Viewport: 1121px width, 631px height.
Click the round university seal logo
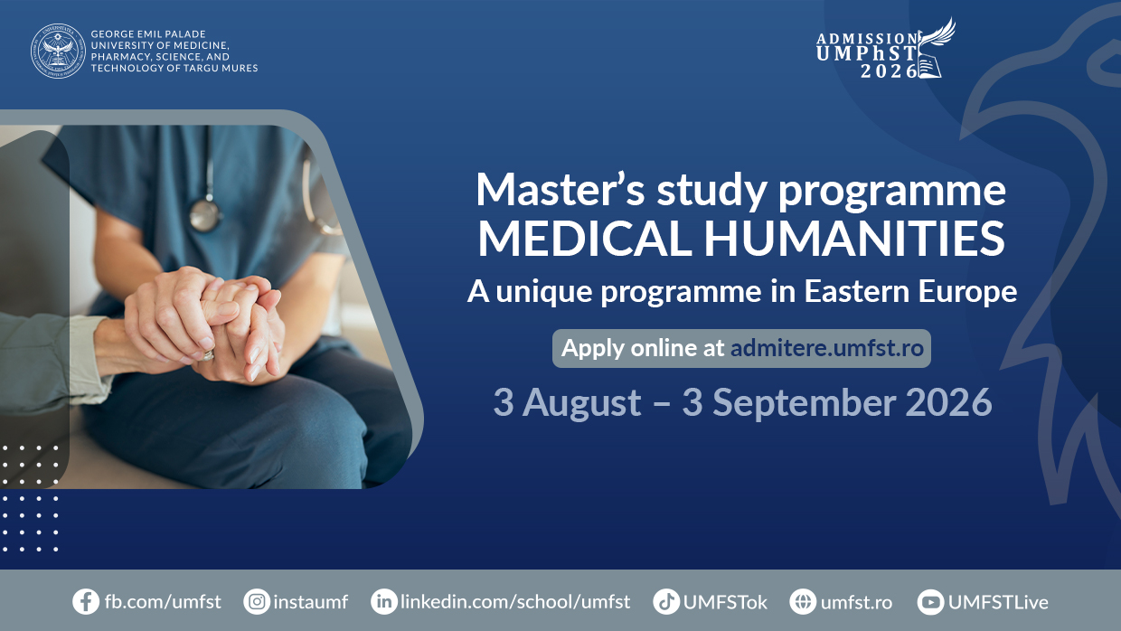tap(58, 51)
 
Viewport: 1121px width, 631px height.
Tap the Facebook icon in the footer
tap(86, 601)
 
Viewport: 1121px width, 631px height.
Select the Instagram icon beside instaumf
tap(257, 601)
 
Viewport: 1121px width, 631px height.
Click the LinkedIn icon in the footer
tap(384, 601)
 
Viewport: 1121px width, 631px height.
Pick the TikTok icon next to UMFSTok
tap(666, 601)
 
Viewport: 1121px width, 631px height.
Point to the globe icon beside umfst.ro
tap(803, 601)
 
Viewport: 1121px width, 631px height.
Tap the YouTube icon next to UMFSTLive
tap(930, 601)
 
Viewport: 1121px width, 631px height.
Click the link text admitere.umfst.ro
tap(826, 348)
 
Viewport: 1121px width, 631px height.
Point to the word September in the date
tap(804, 403)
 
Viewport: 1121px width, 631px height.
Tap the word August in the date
tap(581, 403)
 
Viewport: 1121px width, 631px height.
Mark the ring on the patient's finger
tap(207, 356)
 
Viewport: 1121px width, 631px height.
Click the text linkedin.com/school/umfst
tap(515, 601)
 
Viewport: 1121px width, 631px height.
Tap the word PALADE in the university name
tap(185, 34)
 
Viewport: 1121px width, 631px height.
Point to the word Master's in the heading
tap(560, 190)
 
